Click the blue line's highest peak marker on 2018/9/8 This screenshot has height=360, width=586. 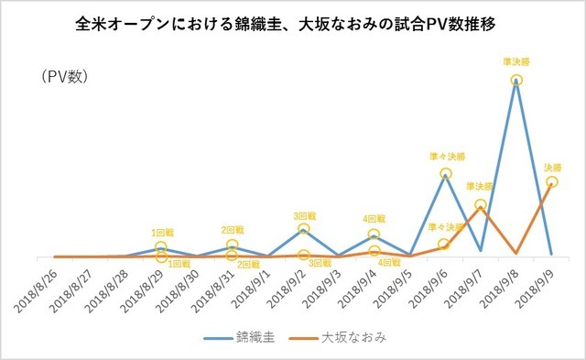pos(516,81)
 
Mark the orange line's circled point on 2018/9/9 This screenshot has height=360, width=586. pos(551,182)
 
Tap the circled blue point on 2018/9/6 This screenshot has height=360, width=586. pos(445,173)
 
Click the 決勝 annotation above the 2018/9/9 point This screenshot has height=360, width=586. pos(553,168)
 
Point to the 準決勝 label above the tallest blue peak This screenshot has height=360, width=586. pos(516,61)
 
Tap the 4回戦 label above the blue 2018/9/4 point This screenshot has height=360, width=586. pos(374,220)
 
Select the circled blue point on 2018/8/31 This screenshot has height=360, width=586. pos(233,245)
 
